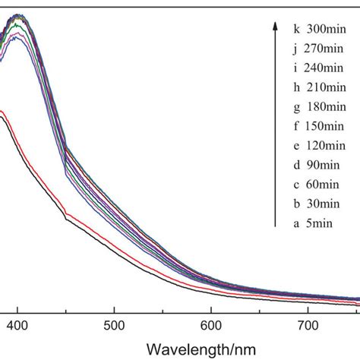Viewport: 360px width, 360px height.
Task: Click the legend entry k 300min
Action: pos(317,30)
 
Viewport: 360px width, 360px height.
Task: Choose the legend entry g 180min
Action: pos(317,102)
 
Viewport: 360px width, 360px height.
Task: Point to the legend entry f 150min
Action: pos(317,118)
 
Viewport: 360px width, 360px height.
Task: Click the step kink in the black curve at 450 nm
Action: pos(67,219)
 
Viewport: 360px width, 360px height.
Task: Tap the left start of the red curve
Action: pos(2,112)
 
